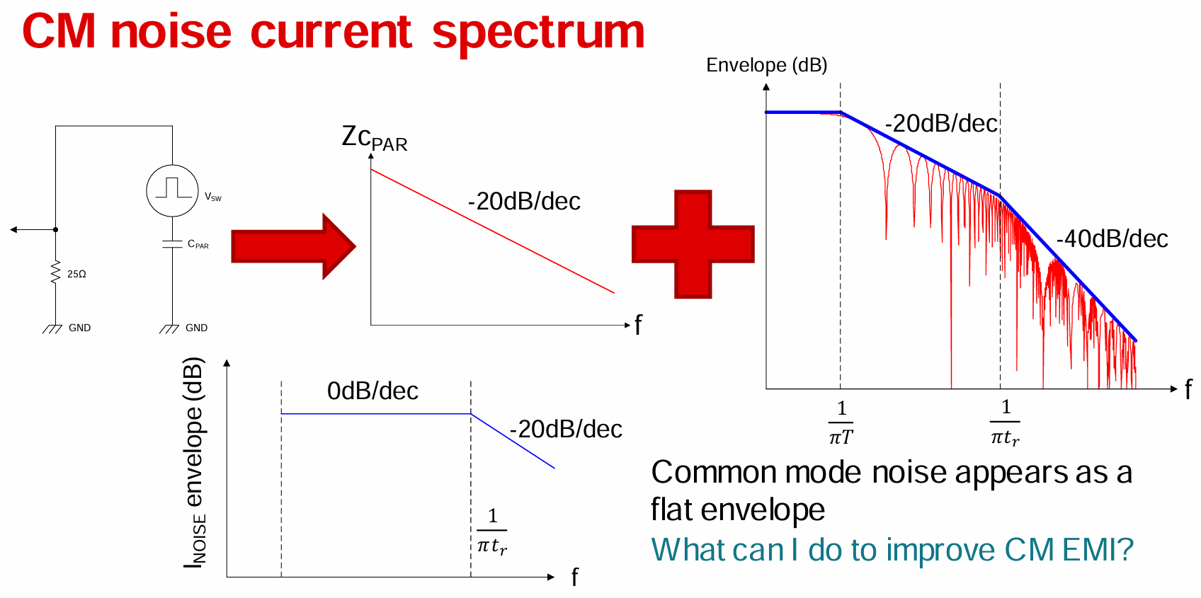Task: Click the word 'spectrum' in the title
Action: pos(537,33)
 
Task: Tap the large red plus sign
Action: pos(693,244)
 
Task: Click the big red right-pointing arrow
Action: pos(293,246)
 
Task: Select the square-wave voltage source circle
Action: pos(173,191)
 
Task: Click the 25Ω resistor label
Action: pos(76,275)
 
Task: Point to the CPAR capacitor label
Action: pos(198,244)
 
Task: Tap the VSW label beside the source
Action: pos(213,197)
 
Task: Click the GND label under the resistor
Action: pos(79,328)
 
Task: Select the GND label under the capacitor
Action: pos(196,328)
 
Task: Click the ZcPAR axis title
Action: pos(375,138)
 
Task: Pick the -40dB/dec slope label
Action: pos(1112,239)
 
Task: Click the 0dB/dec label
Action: pos(372,391)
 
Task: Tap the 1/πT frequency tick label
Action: pos(841,422)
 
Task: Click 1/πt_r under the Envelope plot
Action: pos(1005,422)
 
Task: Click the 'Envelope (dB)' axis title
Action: pos(767,65)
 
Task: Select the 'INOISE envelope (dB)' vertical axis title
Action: pos(194,462)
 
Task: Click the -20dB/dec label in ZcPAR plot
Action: pos(524,202)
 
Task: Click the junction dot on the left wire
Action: pos(56,230)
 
